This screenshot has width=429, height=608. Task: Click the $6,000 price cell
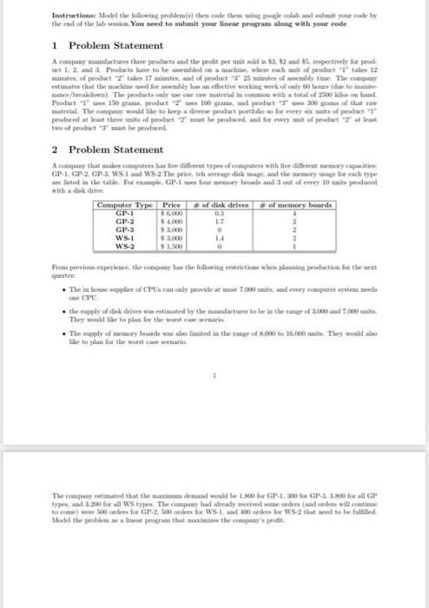[x=169, y=211]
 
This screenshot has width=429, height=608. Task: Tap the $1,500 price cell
[x=169, y=244]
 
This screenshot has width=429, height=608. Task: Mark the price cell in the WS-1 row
[x=169, y=235]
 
